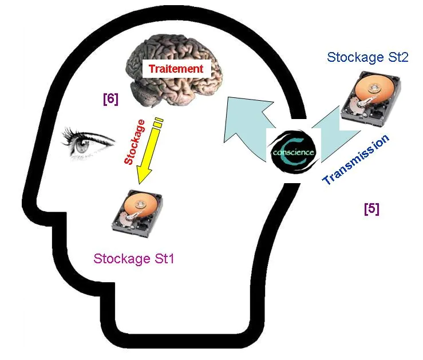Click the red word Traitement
[176, 69]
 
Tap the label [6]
[110, 99]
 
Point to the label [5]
[371, 209]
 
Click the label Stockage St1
[133, 258]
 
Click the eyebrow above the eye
[86, 136]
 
